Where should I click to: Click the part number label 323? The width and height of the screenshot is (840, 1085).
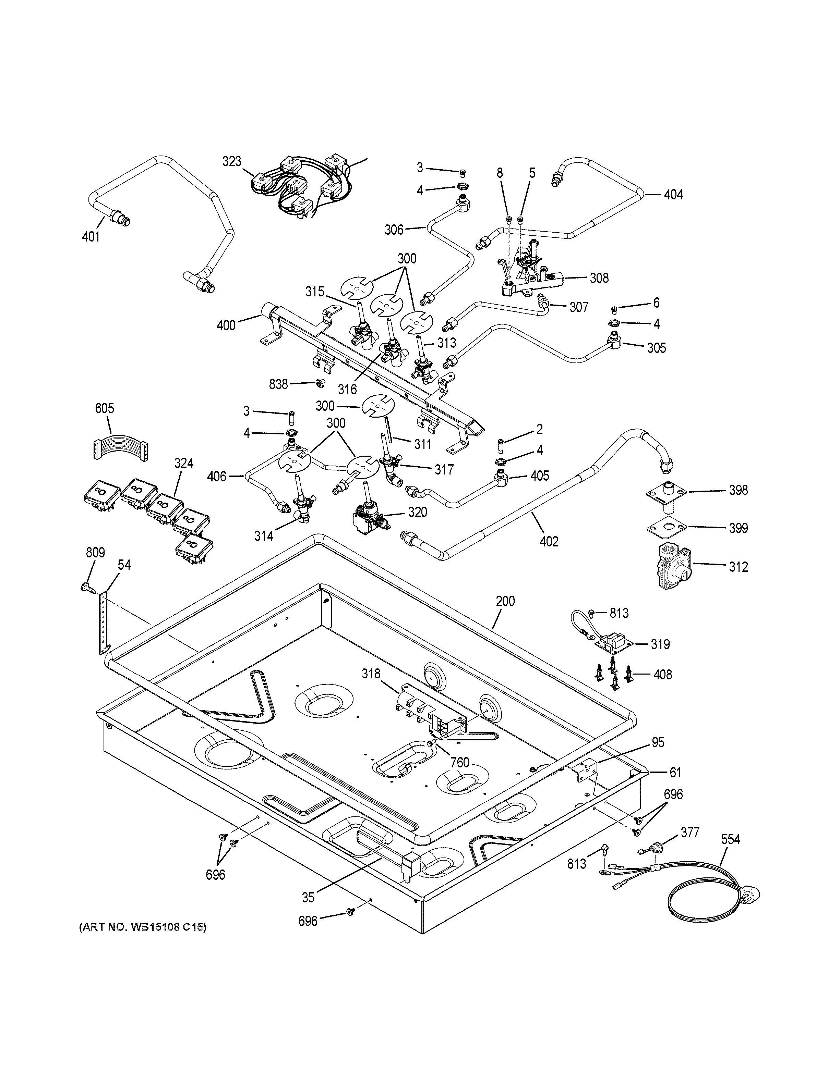[x=232, y=161]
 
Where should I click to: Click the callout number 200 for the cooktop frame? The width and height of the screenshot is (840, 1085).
[x=505, y=601]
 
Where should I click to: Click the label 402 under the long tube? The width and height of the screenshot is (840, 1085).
[x=549, y=542]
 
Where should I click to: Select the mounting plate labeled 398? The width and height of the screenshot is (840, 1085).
[x=667, y=491]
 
